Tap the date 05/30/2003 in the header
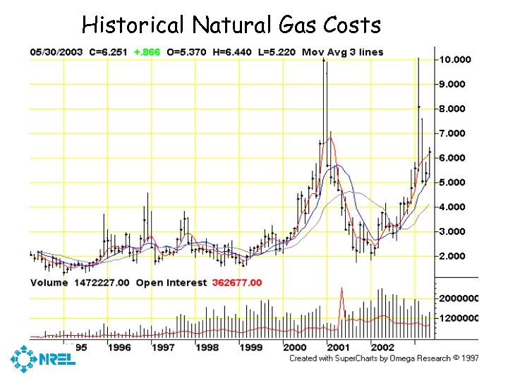coord(56,52)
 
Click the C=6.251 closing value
coord(110,52)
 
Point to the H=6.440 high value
coord(232,52)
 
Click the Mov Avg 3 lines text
coord(342,52)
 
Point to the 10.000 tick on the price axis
coord(455,59)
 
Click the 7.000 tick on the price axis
coord(455,133)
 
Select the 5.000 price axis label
coord(455,183)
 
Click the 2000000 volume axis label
coord(458,298)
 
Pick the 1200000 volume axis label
coord(458,318)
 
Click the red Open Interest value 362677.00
coord(235,282)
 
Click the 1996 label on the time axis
coord(119,347)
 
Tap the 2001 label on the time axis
coord(339,347)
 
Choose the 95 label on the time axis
coord(81,347)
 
